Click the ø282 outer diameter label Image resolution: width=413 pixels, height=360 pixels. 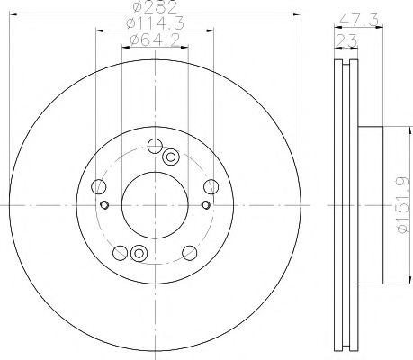tap(154, 10)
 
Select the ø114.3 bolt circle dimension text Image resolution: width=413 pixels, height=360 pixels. tap(154, 25)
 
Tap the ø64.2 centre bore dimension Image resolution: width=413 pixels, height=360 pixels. tap(154, 40)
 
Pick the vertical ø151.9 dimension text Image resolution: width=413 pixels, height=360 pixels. tap(402, 207)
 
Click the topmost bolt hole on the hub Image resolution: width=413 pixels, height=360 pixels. tap(155, 146)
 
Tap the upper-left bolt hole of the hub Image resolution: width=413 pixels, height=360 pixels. tap(100, 186)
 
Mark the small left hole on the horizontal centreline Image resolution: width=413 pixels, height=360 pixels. tap(105, 206)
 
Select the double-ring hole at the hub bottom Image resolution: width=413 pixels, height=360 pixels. tap(138, 255)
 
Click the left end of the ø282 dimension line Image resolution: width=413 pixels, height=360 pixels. tap(20, 16)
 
